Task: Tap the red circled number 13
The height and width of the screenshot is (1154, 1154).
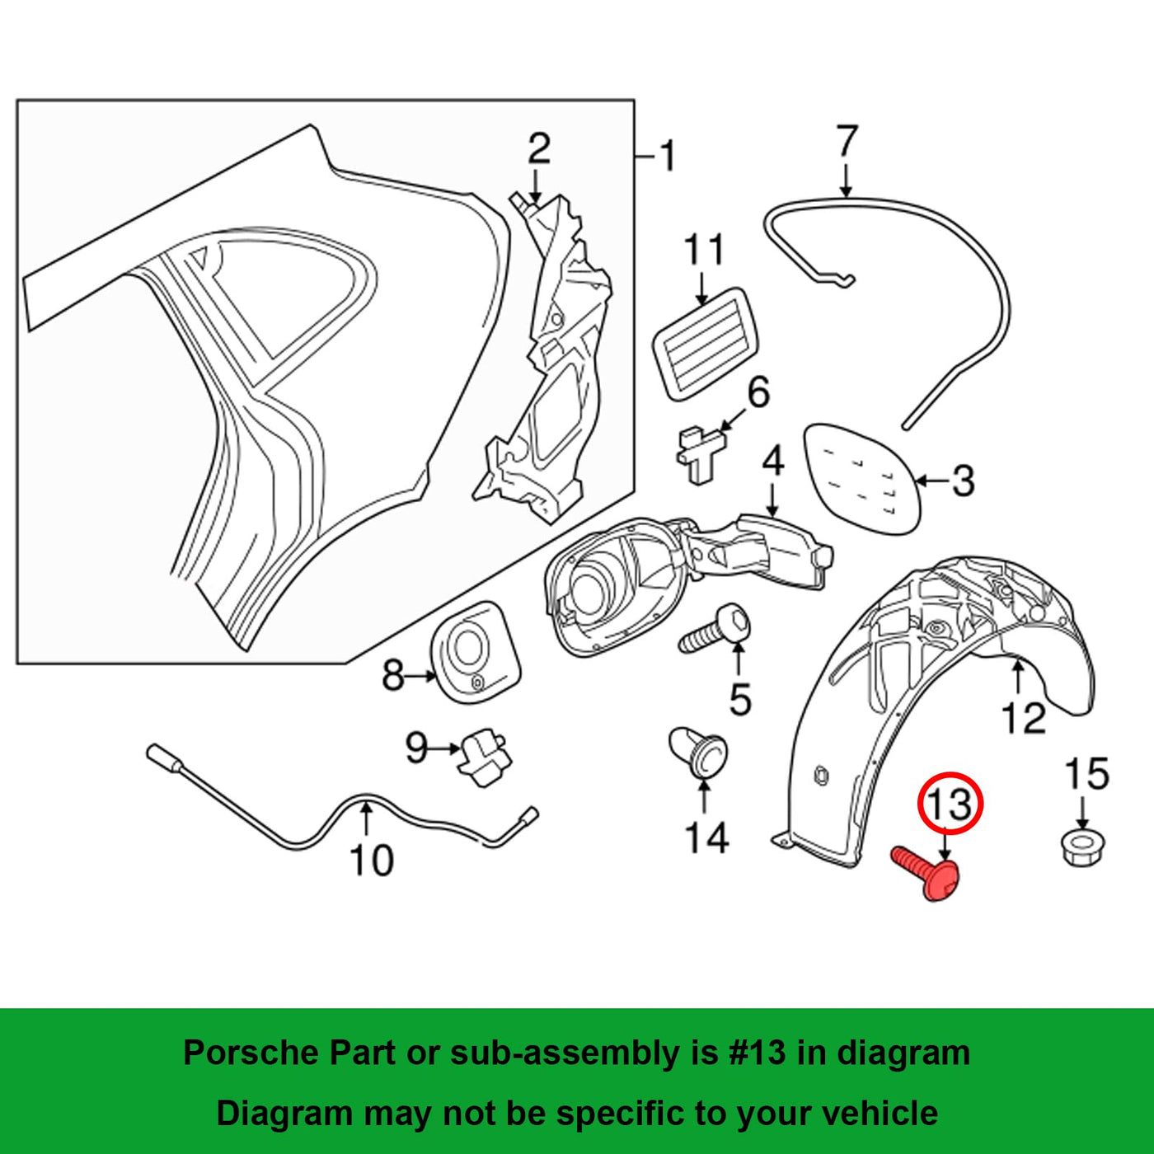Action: (x=950, y=803)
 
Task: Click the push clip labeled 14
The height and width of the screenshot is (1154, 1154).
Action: (x=699, y=751)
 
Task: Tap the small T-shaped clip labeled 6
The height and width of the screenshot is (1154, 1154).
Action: (x=702, y=453)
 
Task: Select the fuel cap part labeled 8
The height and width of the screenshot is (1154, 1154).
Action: (x=476, y=651)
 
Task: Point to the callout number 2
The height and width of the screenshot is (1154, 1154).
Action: (x=538, y=149)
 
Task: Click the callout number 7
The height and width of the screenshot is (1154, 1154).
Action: (x=847, y=142)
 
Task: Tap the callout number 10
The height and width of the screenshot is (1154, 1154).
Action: (x=372, y=860)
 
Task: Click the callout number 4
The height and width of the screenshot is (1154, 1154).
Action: (x=772, y=462)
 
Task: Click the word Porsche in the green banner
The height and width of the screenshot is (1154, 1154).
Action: (x=251, y=1053)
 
